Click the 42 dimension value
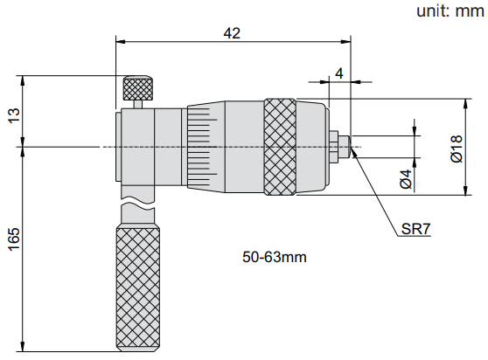[x=232, y=33]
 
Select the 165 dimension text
[x=14, y=239]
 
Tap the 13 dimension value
[x=14, y=115]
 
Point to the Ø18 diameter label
[x=457, y=149]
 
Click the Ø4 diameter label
[x=406, y=179]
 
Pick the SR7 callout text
[x=415, y=229]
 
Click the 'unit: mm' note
[x=450, y=10]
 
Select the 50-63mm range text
[x=275, y=257]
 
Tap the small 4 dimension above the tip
[x=339, y=73]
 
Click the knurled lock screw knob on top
[x=138, y=88]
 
